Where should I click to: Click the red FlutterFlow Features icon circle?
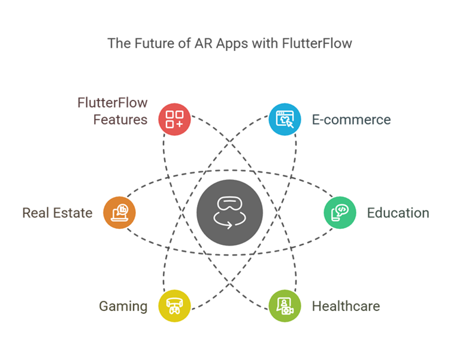click(174, 119)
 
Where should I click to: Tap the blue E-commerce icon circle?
click(284, 119)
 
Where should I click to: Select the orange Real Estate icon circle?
click(120, 213)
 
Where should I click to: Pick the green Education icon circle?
click(340, 213)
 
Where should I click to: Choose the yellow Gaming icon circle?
click(174, 306)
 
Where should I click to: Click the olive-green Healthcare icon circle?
click(284, 306)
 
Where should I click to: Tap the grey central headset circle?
click(229, 213)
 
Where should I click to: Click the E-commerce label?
click(351, 120)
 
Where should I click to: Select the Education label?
click(398, 213)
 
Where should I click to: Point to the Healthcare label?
click(346, 307)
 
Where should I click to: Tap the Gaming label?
click(123, 307)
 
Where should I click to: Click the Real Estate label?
click(57, 213)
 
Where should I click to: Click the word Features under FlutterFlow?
click(120, 120)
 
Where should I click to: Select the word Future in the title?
click(149, 44)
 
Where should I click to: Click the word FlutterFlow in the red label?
click(113, 103)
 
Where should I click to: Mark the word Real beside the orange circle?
click(35, 213)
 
